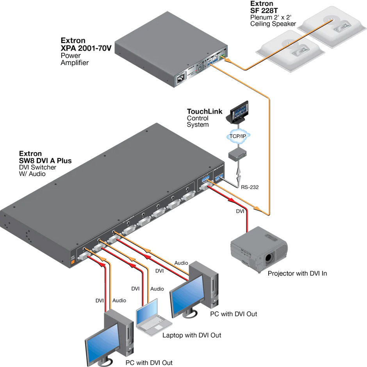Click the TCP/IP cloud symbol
(x=238, y=135)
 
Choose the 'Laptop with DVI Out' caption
(x=192, y=335)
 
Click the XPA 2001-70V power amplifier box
(x=168, y=55)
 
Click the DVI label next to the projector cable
(x=240, y=211)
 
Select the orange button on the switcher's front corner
(x=72, y=262)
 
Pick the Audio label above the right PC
(x=182, y=263)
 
